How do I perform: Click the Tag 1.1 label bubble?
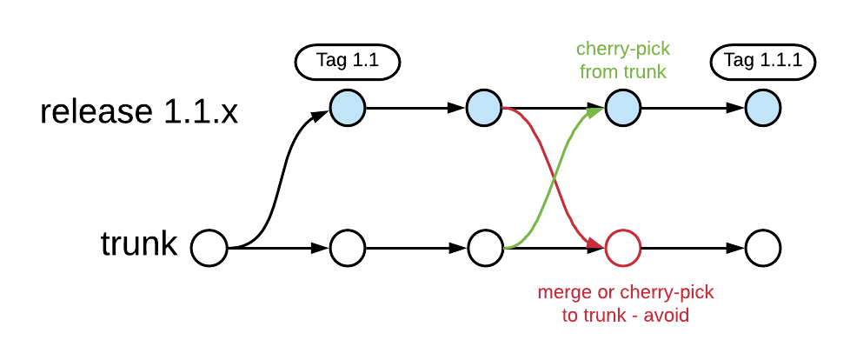(x=348, y=63)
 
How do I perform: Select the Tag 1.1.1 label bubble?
(x=763, y=63)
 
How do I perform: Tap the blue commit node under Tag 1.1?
(x=348, y=108)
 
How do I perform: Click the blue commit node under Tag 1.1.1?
(x=763, y=108)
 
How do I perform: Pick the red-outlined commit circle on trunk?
(x=623, y=249)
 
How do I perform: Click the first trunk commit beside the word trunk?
(x=209, y=249)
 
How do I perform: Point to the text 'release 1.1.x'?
(x=139, y=111)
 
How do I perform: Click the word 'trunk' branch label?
(x=139, y=244)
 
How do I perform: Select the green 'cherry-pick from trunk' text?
(x=623, y=60)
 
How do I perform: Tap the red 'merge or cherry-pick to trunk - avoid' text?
(x=626, y=303)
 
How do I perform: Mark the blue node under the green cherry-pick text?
(x=623, y=108)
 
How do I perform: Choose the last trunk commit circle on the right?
(x=763, y=249)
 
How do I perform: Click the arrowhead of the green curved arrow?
(x=596, y=110)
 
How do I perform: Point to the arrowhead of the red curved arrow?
(x=595, y=245)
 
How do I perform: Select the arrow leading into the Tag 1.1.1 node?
(x=693, y=108)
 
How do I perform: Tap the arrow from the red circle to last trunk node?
(x=693, y=249)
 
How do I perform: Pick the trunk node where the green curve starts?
(x=486, y=249)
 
